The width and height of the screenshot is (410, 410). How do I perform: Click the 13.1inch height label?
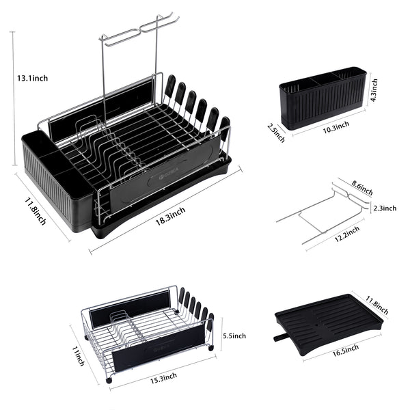point(32,78)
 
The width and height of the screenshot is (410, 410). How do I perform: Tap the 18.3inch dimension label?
point(170,216)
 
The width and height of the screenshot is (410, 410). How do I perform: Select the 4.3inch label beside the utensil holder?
point(374,90)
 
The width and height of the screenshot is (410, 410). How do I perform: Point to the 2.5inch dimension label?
point(276,133)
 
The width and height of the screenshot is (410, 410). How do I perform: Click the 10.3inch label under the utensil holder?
point(336,127)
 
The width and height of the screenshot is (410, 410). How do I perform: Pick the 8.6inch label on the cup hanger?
point(362,187)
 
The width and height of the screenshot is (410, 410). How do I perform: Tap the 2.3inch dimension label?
point(385,208)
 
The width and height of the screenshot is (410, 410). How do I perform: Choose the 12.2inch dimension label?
point(347,234)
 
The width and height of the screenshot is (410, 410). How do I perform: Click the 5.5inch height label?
point(234,336)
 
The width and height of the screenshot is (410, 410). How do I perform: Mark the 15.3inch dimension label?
point(163,378)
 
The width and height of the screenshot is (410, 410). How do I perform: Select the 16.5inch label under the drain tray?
point(345,351)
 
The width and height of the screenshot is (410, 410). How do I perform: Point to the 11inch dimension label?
point(78,356)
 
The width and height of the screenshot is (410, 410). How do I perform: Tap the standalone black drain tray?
point(329,324)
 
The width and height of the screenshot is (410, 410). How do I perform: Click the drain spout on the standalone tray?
point(280,338)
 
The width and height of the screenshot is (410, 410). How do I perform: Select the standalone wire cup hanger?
point(323,213)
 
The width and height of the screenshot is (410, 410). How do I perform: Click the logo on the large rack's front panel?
point(169,174)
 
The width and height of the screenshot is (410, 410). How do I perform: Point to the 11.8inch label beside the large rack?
point(36,211)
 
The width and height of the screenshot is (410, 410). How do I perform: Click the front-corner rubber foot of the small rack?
point(109,380)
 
